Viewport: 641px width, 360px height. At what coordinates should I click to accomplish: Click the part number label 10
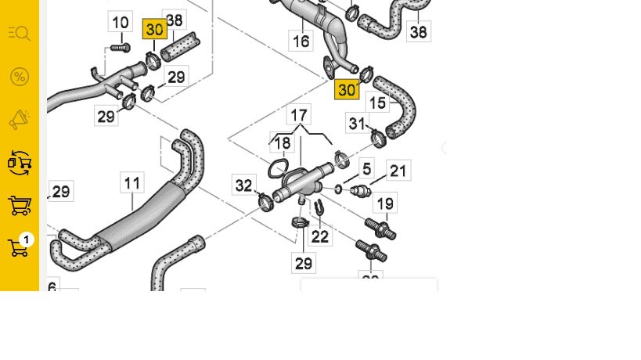coord(121,23)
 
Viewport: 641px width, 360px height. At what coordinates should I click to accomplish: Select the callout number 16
coord(301,41)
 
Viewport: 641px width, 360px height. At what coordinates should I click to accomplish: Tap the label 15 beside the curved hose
coord(378,103)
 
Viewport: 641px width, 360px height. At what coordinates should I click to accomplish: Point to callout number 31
coord(357,124)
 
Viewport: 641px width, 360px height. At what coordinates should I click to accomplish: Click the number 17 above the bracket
coord(299,116)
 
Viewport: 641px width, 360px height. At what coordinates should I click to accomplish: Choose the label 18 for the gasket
coord(283,143)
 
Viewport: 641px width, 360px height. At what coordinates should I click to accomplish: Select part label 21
coord(398,171)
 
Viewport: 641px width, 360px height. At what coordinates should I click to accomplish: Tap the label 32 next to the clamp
coord(244,185)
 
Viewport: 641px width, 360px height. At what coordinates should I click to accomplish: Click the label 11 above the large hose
coord(132,184)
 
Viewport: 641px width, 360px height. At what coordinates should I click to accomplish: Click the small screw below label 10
coord(118,48)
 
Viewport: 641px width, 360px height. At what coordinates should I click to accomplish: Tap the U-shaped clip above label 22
coord(319,209)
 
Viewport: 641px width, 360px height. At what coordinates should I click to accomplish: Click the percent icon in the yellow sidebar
coord(19,77)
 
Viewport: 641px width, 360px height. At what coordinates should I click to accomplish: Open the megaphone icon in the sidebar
coord(19,120)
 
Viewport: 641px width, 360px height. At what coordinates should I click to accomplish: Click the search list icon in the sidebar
coord(19,33)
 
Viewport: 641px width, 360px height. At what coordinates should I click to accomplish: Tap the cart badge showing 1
coord(27,239)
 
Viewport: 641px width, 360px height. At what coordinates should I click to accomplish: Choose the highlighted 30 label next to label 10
coord(154,30)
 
